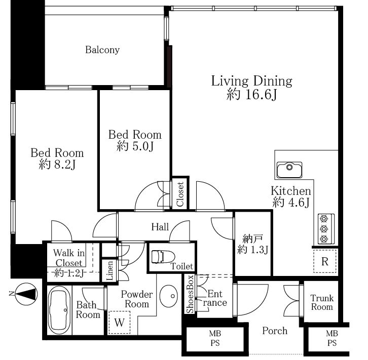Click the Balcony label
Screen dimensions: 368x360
[x=102, y=50]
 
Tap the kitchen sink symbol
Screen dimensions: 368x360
[x=289, y=170]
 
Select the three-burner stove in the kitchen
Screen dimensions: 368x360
[x=326, y=228]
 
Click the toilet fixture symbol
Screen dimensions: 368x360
[x=163, y=257]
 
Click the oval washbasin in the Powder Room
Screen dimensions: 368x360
[x=168, y=296]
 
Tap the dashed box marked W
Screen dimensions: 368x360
[x=119, y=322]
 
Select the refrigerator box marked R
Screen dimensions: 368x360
[x=324, y=261]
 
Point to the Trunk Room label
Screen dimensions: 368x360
[x=322, y=302]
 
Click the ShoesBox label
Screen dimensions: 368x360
[x=190, y=294]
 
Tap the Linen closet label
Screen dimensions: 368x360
[x=109, y=271]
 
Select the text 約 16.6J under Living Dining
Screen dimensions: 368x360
[x=251, y=95]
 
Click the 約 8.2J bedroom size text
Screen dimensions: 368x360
[x=57, y=164]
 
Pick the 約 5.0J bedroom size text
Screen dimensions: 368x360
[x=135, y=146]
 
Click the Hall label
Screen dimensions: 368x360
[x=160, y=227]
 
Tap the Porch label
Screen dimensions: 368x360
[x=275, y=331]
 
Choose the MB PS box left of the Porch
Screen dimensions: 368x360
[x=215, y=338]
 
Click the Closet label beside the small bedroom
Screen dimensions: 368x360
[x=180, y=194]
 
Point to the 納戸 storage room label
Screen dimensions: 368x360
[x=250, y=239]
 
